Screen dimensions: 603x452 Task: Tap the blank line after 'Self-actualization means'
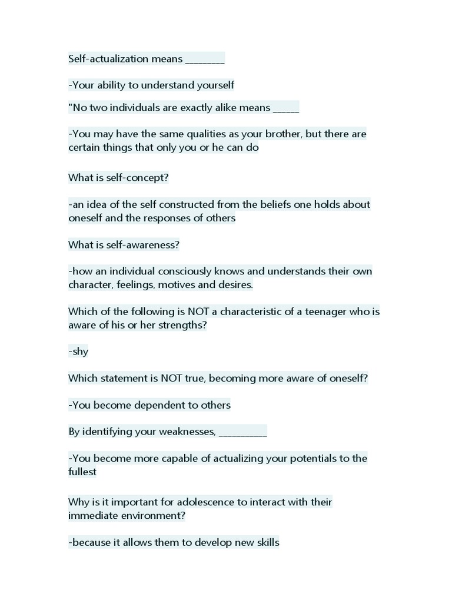click(205, 61)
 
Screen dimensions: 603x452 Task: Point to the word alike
click(236, 107)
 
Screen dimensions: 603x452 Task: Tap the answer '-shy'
click(78, 352)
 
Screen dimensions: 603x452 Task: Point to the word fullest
click(82, 472)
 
